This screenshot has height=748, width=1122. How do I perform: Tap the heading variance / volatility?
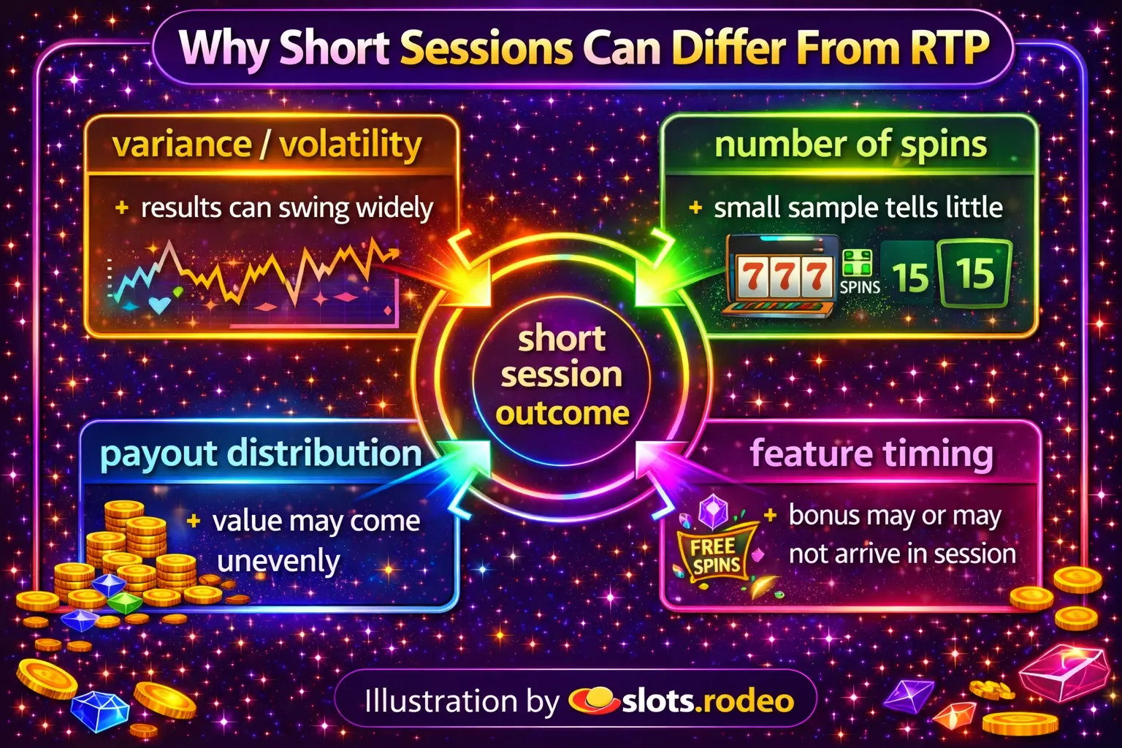click(x=267, y=145)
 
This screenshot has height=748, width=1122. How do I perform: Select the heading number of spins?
click(x=850, y=145)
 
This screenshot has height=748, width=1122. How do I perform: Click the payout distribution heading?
click(x=261, y=454)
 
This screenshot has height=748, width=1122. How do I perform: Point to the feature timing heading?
click(x=871, y=454)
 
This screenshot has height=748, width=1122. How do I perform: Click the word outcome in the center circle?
click(x=562, y=413)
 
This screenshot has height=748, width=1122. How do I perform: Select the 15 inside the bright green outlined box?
click(x=974, y=273)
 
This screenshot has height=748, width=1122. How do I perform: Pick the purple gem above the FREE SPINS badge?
click(x=713, y=512)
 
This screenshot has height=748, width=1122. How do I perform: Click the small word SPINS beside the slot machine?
click(x=860, y=287)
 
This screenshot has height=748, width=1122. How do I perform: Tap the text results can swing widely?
click(x=286, y=209)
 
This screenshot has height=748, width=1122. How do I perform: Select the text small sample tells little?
click(x=858, y=208)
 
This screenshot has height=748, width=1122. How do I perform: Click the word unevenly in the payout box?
click(x=278, y=560)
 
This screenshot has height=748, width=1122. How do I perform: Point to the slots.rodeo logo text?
click(x=708, y=701)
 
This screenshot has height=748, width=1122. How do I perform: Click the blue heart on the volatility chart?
click(x=160, y=304)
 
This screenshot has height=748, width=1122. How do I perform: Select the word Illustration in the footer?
click(x=440, y=701)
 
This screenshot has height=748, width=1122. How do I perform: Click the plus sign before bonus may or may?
click(x=771, y=515)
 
